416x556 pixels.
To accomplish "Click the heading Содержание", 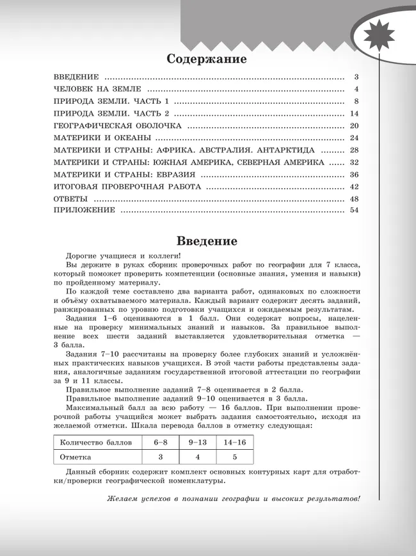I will (206, 59).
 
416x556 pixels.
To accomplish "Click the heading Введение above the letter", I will (206, 241).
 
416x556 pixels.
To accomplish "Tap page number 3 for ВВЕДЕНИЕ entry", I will (356, 76).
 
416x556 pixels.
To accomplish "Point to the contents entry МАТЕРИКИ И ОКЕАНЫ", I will (102, 138).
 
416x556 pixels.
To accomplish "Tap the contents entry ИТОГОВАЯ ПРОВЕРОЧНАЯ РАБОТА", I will (127, 187).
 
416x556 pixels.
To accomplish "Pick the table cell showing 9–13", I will (198, 442).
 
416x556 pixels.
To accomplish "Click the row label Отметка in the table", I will (76, 457).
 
